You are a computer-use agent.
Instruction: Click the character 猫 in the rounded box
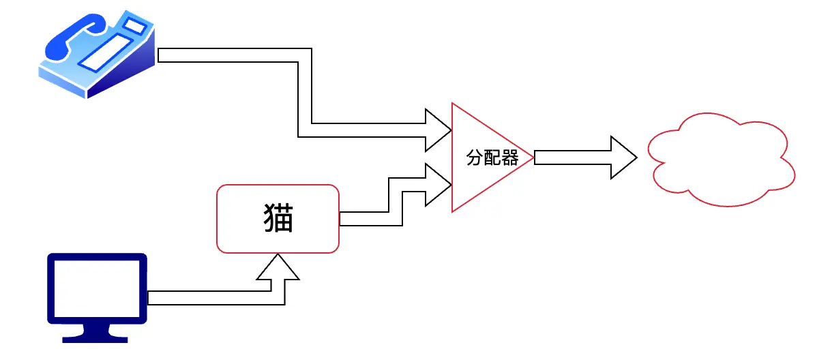(x=278, y=218)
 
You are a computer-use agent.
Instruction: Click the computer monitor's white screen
(x=97, y=288)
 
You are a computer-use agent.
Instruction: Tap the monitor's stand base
(x=96, y=337)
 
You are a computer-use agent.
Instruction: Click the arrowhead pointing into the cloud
(x=623, y=158)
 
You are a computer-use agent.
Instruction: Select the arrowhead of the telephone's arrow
(x=437, y=130)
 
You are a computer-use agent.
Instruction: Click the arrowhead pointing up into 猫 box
(x=278, y=267)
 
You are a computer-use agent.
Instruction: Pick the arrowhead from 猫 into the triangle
(x=437, y=184)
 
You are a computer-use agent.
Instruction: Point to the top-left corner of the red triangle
(x=452, y=104)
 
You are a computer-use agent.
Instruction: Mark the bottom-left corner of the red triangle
(x=452, y=211)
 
